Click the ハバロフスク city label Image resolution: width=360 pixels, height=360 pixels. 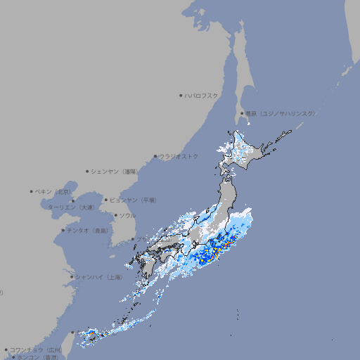click(x=202, y=95)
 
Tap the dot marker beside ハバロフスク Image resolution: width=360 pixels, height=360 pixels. click(x=181, y=95)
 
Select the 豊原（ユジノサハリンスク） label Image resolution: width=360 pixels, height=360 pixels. click(x=280, y=113)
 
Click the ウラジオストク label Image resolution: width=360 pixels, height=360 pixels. click(x=179, y=156)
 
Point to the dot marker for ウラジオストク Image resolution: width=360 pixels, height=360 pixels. click(x=155, y=156)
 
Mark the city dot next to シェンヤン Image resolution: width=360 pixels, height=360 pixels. click(x=88, y=171)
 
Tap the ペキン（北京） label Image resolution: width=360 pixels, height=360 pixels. click(x=54, y=191)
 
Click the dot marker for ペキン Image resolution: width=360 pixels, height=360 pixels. click(x=32, y=191)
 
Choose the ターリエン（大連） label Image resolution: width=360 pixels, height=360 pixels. click(x=71, y=207)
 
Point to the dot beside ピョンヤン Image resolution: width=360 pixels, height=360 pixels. click(x=106, y=200)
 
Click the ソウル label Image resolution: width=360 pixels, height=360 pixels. click(x=127, y=215)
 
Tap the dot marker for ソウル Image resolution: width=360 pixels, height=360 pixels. click(x=115, y=215)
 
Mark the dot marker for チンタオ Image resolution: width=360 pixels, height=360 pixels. click(x=63, y=230)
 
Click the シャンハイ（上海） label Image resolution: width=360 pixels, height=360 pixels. click(x=98, y=277)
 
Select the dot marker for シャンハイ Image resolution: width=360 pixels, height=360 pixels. click(x=72, y=277)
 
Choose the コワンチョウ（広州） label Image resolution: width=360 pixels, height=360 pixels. click(x=35, y=349)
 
